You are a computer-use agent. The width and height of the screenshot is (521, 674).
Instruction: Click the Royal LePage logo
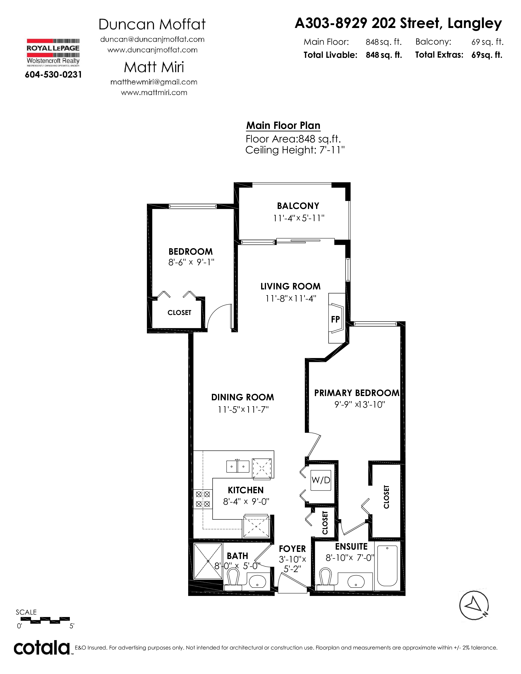(x=53, y=52)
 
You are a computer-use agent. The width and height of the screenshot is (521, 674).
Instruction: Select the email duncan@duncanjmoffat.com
(x=152, y=39)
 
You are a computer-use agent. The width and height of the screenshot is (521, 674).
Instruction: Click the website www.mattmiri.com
(x=154, y=93)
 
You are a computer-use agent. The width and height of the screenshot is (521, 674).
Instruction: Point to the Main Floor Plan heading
(x=283, y=126)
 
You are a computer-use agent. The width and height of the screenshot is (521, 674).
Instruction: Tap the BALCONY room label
(x=298, y=206)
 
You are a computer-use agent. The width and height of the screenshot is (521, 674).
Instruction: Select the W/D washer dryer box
(x=321, y=480)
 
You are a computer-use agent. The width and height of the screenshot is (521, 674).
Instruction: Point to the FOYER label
(x=292, y=549)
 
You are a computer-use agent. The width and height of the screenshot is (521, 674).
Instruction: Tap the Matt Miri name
(x=154, y=67)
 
